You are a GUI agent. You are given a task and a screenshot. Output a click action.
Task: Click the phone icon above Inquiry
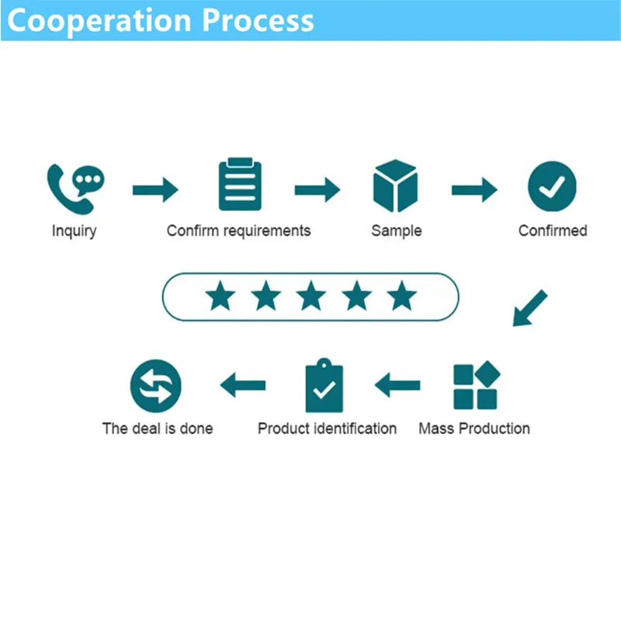coord(75,187)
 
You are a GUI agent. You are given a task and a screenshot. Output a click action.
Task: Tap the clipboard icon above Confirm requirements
coord(240,186)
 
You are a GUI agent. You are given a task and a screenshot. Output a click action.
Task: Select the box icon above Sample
coord(396,186)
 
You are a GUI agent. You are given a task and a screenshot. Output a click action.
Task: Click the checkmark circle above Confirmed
coord(552,187)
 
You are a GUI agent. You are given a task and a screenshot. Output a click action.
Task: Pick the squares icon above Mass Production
coord(475,386)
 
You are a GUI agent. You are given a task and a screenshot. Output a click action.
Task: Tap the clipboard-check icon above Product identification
coord(324,386)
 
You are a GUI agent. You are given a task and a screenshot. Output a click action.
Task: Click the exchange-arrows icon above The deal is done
coord(155,386)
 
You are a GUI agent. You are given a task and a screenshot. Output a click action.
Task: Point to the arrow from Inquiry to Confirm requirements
coord(155,189)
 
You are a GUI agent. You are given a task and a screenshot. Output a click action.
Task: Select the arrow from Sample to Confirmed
coord(474,189)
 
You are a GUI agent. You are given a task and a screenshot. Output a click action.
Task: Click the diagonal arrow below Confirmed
coord(529,308)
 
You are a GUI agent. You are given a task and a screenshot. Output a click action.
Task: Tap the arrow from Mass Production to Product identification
coord(397,384)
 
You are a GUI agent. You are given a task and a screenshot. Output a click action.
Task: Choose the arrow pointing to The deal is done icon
coord(243,384)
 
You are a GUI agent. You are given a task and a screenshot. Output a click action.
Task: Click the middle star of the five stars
coord(311,296)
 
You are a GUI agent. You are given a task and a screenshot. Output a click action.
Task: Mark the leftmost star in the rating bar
coord(220,296)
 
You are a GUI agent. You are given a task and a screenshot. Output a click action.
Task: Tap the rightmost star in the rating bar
coord(402,296)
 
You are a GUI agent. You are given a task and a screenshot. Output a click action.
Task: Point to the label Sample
coord(396,231)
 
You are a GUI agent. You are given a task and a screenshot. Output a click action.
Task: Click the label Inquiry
coord(74,231)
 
